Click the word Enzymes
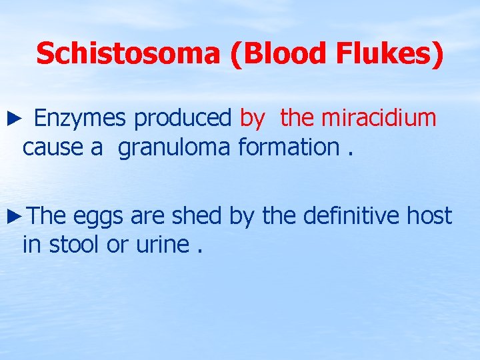(81, 119)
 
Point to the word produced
(182, 119)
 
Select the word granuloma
(175, 147)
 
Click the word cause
(53, 147)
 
